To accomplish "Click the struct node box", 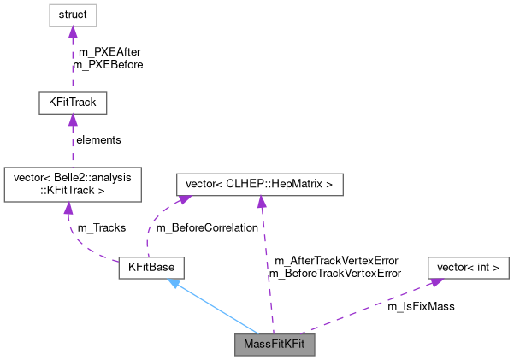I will pyautogui.click(x=73, y=15).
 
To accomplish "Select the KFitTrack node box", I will pyautogui.click(x=73, y=103).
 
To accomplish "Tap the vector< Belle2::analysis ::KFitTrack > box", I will pyautogui.click(x=72, y=185).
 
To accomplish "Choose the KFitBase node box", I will pyautogui.click(x=151, y=268).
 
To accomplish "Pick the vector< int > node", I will pyautogui.click(x=468, y=268).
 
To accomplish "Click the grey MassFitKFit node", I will pyautogui.click(x=275, y=345).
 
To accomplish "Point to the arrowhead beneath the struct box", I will pyautogui.click(x=73, y=32).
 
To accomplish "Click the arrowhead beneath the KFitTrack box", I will pyautogui.click(x=73, y=121).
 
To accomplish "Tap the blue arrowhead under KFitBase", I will pyautogui.click(x=174, y=283).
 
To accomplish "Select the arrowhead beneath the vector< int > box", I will pyautogui.click(x=435, y=281).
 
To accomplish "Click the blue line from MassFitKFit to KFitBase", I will pyautogui.click(x=218, y=309).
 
